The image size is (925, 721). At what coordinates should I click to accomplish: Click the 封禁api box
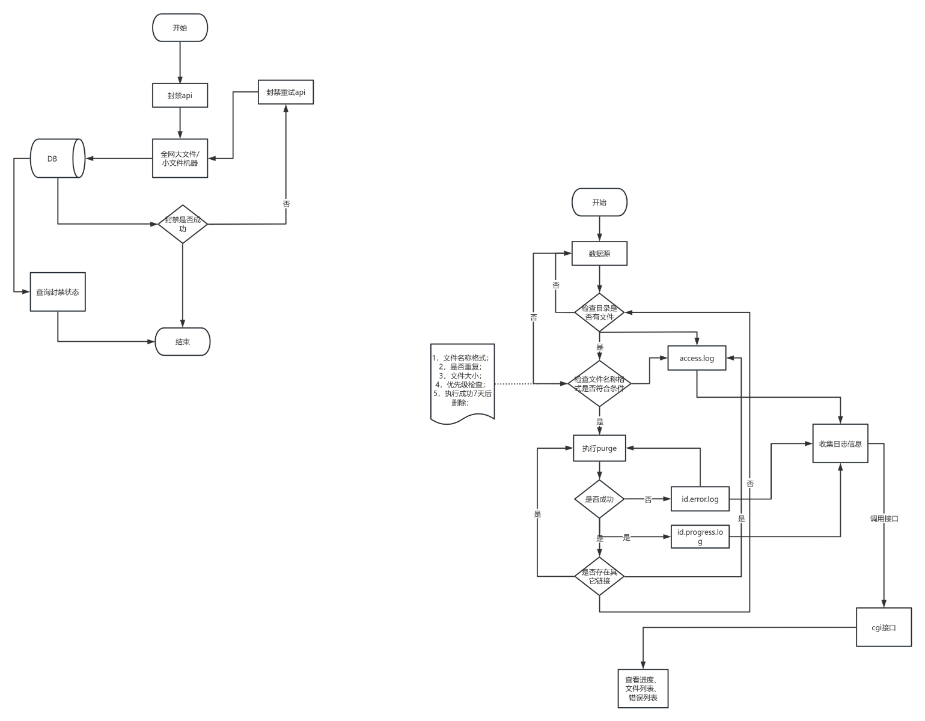pyautogui.click(x=180, y=96)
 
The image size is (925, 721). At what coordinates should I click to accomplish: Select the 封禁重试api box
pyautogui.click(x=285, y=92)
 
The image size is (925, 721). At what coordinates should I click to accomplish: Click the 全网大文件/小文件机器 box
pyautogui.click(x=180, y=159)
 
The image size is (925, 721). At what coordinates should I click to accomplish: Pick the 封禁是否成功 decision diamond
pyautogui.click(x=183, y=224)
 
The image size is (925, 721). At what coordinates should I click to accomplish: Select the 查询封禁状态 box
pyautogui.click(x=58, y=292)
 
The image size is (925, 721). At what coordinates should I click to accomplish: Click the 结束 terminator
pyautogui.click(x=183, y=342)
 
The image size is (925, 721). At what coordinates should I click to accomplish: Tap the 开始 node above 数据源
pyautogui.click(x=599, y=202)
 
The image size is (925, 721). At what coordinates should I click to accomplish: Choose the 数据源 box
pyautogui.click(x=599, y=254)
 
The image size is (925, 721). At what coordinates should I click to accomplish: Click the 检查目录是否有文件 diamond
pyautogui.click(x=599, y=312)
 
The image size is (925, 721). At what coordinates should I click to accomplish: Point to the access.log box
pyautogui.click(x=697, y=358)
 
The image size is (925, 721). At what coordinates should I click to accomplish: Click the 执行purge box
pyautogui.click(x=599, y=448)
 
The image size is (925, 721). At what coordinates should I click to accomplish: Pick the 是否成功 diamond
pyautogui.click(x=599, y=499)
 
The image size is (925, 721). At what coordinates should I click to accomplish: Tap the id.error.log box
pyautogui.click(x=700, y=499)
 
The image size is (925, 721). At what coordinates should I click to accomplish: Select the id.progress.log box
pyautogui.click(x=700, y=537)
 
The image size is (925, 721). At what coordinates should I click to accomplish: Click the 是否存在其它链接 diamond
pyautogui.click(x=599, y=576)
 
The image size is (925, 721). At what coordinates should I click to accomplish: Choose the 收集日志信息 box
pyautogui.click(x=840, y=443)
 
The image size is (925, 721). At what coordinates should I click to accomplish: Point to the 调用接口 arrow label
pyautogui.click(x=884, y=519)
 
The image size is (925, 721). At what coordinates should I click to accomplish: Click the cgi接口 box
pyautogui.click(x=884, y=627)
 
